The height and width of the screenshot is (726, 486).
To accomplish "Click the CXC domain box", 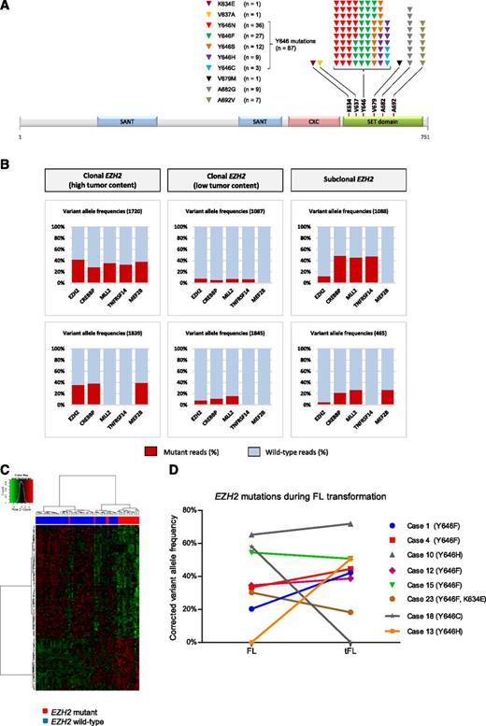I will tap(312, 122).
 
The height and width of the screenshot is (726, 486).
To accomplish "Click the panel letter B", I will tap(7, 160).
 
